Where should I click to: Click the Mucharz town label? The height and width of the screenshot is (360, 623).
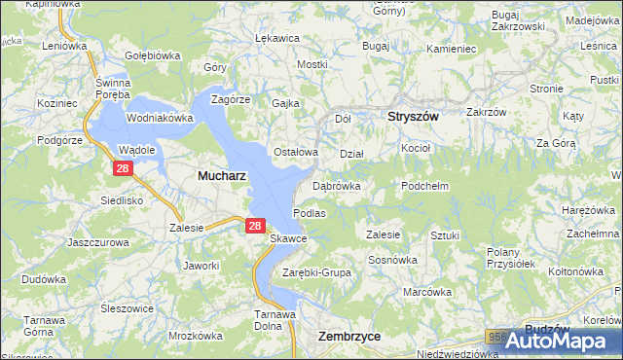click(221, 176)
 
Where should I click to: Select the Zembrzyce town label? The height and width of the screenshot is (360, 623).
click(348, 335)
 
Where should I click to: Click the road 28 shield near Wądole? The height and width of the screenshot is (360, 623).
click(123, 168)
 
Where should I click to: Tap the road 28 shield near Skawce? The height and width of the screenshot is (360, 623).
click(254, 226)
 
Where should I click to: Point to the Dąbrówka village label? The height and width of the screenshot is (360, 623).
click(337, 185)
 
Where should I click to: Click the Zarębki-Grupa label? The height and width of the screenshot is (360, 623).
click(316, 272)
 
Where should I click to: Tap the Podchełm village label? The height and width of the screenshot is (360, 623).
click(424, 185)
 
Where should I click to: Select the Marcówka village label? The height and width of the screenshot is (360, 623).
click(428, 291)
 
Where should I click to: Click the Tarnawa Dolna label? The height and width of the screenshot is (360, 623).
click(275, 320)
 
